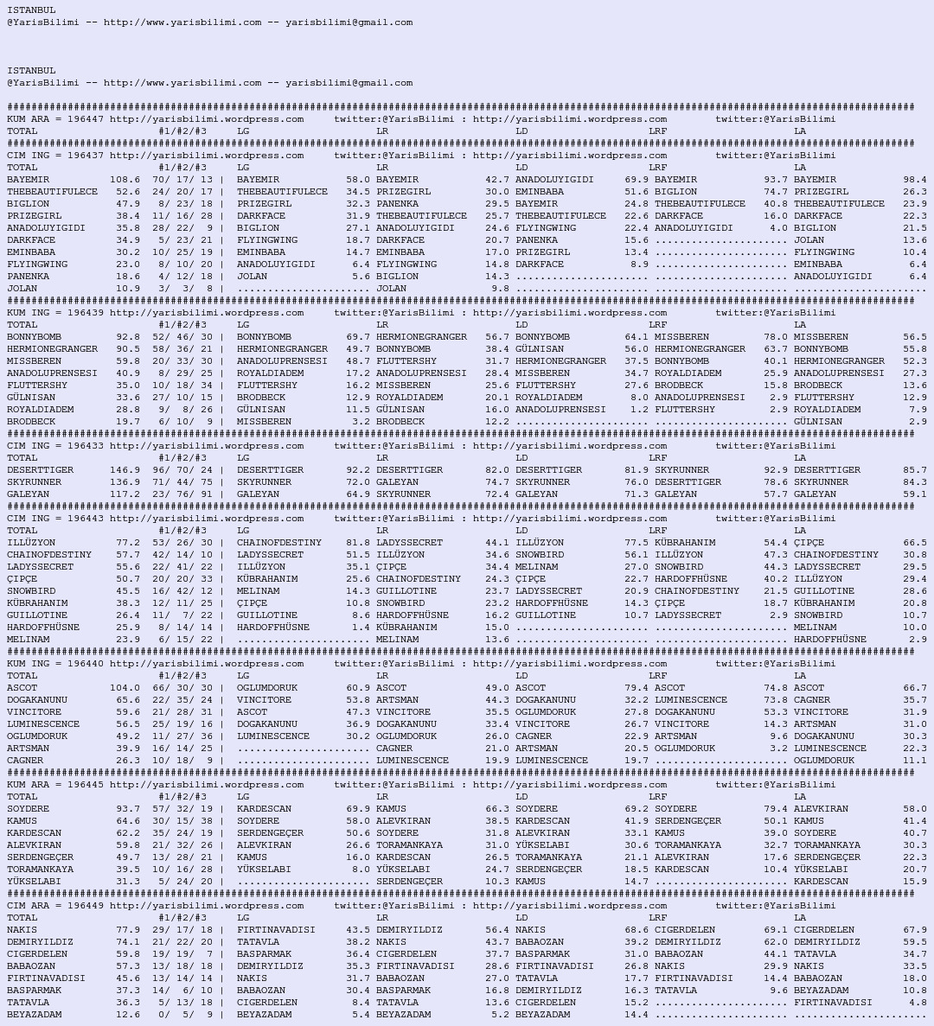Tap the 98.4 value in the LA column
tap(914, 180)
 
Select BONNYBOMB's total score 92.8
tap(127, 337)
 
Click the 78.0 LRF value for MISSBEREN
tap(775, 337)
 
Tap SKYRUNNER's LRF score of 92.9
tap(775, 470)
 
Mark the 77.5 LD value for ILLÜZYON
tap(636, 543)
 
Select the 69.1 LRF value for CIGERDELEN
tap(775, 930)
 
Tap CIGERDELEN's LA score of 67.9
tap(914, 930)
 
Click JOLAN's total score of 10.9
tap(127, 289)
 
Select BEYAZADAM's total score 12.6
tap(127, 1015)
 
